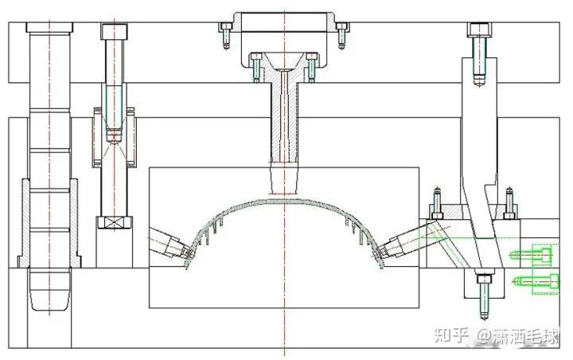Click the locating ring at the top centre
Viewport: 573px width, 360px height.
pos(284,22)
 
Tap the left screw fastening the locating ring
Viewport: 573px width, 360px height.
pos(226,36)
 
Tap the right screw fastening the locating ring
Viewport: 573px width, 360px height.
pos(341,36)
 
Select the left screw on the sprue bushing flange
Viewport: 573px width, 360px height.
pos(255,68)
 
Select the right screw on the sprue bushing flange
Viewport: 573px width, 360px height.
pos(312,68)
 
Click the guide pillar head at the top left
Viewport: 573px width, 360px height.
pos(49,27)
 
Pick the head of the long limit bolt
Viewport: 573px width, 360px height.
pos(115,32)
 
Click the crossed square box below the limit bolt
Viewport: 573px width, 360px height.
pos(115,222)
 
